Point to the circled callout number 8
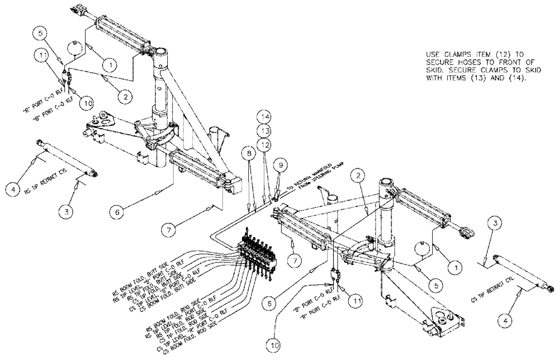(247, 153)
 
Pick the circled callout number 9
(281, 164)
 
